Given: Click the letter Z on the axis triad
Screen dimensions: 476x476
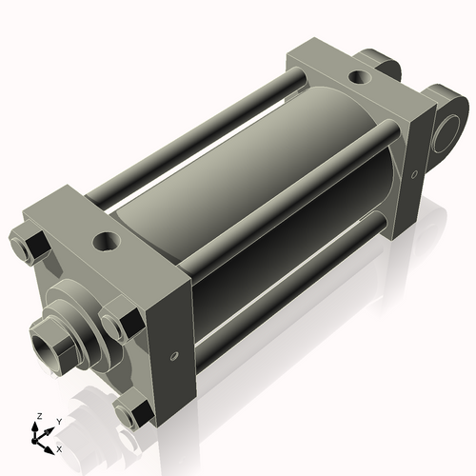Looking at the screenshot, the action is click(x=39, y=416).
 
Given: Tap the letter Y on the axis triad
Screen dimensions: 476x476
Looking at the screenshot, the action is click(x=59, y=422).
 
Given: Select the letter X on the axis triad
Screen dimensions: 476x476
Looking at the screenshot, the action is click(x=59, y=449).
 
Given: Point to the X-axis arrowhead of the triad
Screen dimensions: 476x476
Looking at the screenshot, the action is click(x=49, y=450).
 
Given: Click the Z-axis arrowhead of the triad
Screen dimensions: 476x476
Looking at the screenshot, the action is click(x=34, y=426).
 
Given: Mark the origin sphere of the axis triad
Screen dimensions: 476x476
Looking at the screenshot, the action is click(x=34, y=441).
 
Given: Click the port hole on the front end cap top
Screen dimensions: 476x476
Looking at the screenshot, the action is click(x=107, y=242).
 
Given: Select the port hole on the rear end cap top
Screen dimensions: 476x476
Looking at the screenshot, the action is click(x=360, y=77).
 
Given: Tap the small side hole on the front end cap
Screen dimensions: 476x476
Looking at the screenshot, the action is click(x=174, y=355).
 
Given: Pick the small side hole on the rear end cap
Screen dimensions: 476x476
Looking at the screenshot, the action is click(x=414, y=174).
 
